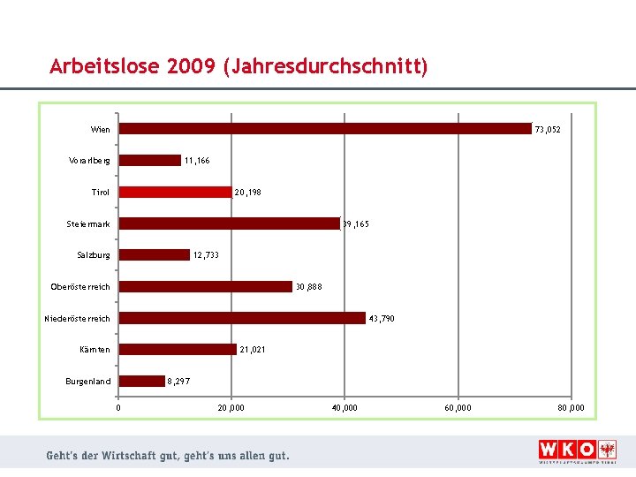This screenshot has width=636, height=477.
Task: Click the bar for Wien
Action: coord(325,129)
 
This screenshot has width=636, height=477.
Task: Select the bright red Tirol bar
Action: coord(175,192)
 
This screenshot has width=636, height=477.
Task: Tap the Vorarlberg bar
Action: coord(150,161)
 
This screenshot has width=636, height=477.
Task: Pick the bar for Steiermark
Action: coord(230,223)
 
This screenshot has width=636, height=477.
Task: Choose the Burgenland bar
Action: coord(142,382)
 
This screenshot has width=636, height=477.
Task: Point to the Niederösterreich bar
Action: coord(242,318)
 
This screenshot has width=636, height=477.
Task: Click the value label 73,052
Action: coord(548,130)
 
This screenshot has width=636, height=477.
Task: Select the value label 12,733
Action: coord(206,255)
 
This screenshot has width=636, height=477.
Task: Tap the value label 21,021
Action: coord(253,350)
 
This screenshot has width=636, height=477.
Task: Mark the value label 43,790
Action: coord(382,318)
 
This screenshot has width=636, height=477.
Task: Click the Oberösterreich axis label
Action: coord(80,287)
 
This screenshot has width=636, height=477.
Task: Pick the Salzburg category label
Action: coord(94,255)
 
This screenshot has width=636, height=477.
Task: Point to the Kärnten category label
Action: coord(95,350)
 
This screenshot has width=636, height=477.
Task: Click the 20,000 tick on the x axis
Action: coord(231,407)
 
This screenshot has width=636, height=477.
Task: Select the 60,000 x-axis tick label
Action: coord(458,407)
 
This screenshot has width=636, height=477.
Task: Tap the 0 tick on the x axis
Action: coord(118,407)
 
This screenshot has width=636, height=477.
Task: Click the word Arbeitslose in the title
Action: coord(103,67)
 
